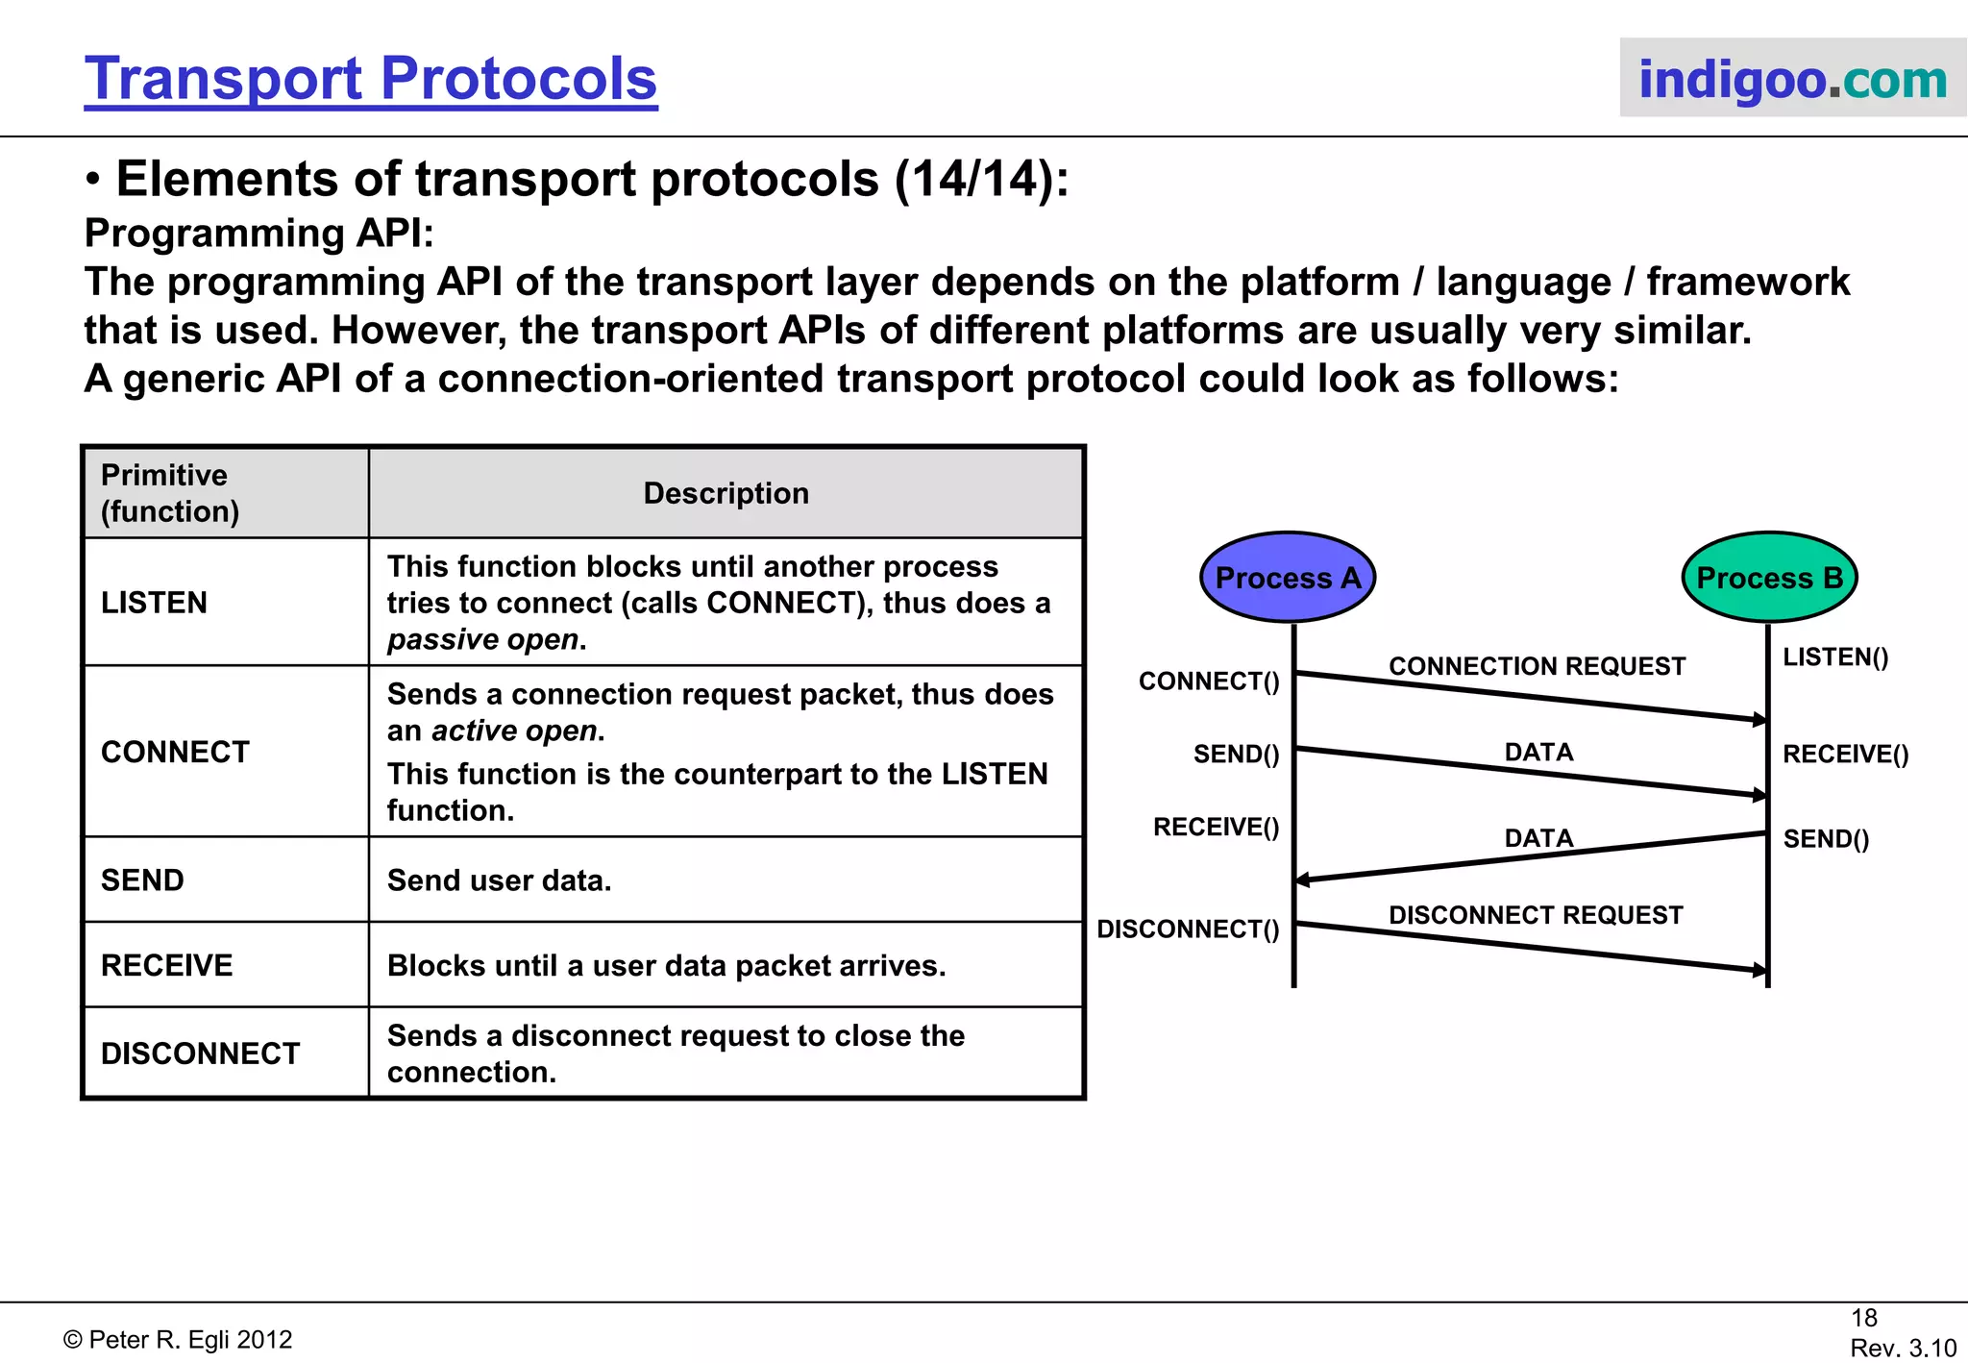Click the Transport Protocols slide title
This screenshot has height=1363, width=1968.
click(x=371, y=79)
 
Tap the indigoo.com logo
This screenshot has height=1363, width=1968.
click(x=1792, y=79)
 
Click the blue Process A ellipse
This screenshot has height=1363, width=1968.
click(x=1288, y=578)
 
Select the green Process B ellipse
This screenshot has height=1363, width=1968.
click(x=1769, y=578)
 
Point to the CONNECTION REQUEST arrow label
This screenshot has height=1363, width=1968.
click(x=1537, y=666)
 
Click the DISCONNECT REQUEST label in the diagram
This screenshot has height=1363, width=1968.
click(x=1536, y=915)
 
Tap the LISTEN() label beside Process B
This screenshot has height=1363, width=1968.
click(x=1835, y=657)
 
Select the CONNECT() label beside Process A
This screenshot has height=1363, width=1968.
click(x=1209, y=681)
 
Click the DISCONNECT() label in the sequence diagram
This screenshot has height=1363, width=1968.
click(x=1188, y=929)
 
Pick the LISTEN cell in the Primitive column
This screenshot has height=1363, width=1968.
click(x=155, y=603)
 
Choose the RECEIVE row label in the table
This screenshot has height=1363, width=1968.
click(x=167, y=965)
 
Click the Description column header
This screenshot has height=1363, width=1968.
click(x=726, y=493)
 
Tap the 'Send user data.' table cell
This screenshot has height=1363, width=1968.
click(x=499, y=880)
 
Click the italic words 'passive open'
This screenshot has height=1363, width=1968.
click(x=482, y=640)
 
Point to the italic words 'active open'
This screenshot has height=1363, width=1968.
click(x=514, y=731)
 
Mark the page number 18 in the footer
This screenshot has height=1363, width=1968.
click(x=1863, y=1318)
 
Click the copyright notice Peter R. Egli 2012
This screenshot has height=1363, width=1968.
click(x=178, y=1340)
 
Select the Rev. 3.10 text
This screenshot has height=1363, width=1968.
click(x=1903, y=1348)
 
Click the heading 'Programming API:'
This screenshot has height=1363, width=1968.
click(x=259, y=234)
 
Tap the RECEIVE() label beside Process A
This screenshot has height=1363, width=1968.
click(x=1216, y=828)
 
